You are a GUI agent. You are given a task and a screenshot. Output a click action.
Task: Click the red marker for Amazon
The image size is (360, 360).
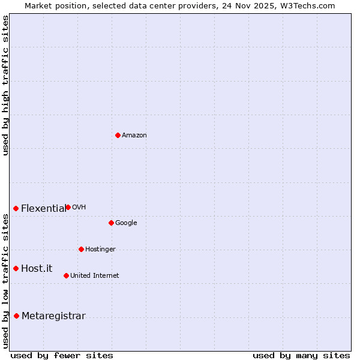tap(118, 135)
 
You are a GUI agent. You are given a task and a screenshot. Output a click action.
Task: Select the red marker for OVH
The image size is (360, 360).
tap(68, 207)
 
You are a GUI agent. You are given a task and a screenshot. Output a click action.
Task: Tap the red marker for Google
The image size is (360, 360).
tap(111, 223)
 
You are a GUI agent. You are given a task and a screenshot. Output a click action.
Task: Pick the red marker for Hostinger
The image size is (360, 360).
tap(81, 249)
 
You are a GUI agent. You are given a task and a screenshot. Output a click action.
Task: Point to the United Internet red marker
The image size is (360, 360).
tap(66, 275)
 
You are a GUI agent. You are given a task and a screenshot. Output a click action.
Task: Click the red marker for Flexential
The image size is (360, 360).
tap(16, 208)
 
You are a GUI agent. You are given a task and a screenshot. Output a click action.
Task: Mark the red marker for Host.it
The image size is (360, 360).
tap(16, 268)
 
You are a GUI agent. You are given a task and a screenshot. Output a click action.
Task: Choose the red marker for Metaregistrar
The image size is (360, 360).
tap(16, 316)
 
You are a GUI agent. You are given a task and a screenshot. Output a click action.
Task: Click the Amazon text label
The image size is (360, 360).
tap(134, 136)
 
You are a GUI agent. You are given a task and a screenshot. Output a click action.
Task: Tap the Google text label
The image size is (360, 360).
tap(126, 223)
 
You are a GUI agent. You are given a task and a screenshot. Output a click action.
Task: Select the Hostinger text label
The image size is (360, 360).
tap(100, 250)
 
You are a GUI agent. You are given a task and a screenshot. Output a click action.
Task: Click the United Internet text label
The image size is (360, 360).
tap(94, 276)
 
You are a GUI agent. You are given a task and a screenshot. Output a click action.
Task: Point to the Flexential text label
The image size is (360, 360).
tap(43, 209)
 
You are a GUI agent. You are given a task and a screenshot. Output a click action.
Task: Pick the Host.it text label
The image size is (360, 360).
tap(37, 269)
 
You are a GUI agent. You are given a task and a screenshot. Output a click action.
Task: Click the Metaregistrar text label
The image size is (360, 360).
tap(53, 316)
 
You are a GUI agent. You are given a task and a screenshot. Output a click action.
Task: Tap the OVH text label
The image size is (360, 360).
tap(79, 208)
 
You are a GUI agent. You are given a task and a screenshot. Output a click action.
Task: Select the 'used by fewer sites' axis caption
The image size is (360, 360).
tap(62, 355)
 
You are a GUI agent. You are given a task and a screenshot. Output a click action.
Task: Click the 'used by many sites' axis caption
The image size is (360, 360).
tap(301, 355)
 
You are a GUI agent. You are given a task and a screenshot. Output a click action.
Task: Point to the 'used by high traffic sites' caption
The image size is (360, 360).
tap(5, 85)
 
